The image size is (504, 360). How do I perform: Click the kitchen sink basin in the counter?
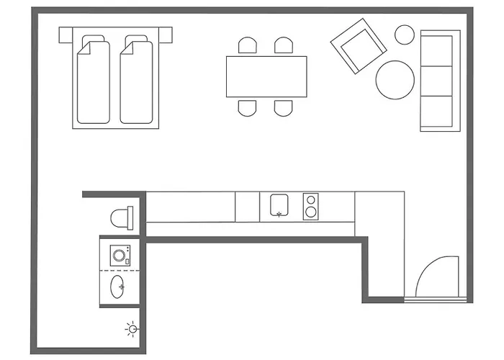point(279,205)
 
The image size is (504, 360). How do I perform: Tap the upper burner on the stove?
point(310,199)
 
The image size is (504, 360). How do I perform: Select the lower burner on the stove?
point(310,212)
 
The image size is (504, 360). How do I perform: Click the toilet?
point(122,215)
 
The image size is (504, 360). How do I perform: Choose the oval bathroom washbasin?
point(119,287)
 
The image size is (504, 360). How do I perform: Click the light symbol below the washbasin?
point(131,330)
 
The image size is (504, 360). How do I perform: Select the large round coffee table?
point(395,79)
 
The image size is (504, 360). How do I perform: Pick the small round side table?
point(405,34)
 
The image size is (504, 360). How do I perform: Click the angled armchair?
point(358,49)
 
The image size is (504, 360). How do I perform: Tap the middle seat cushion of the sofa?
point(439,80)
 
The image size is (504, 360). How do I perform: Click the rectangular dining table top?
point(266,76)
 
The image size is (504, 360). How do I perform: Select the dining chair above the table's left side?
point(248,47)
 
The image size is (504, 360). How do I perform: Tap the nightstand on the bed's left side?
point(66,34)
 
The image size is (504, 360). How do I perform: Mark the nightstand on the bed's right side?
point(166,34)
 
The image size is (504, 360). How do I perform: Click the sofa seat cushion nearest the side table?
point(439,50)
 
